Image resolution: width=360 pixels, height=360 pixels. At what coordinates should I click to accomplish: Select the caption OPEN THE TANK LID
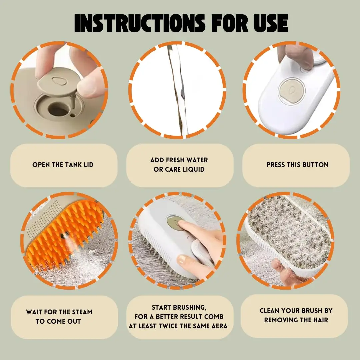tap(63, 165)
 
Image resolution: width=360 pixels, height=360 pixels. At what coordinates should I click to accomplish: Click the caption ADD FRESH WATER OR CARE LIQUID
tap(179, 165)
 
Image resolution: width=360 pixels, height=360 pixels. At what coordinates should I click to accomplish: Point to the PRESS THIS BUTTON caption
tap(297, 165)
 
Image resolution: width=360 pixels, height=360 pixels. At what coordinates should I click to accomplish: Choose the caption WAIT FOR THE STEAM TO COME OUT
tap(59, 317)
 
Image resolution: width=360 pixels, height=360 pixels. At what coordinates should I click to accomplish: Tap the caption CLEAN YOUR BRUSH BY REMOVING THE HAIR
tap(296, 315)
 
